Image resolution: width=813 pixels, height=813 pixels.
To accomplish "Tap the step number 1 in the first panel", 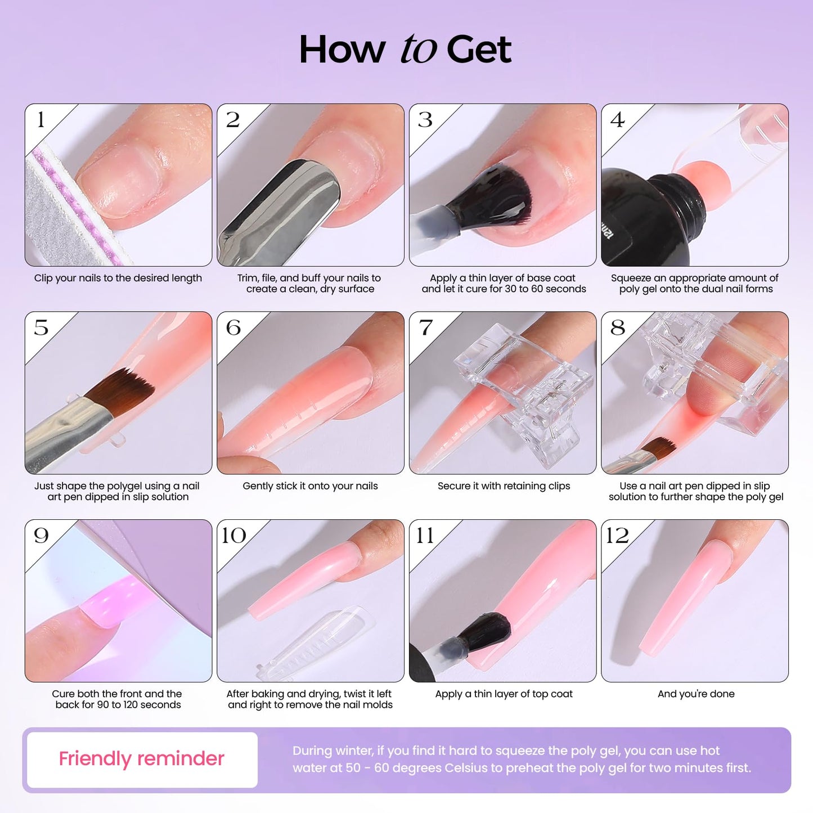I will tap(41, 120).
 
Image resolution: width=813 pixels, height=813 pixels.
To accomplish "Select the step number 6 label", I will tap(233, 327).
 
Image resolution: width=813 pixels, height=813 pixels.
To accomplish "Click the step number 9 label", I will tap(41, 535).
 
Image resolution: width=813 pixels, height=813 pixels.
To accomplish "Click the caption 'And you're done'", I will tap(696, 694).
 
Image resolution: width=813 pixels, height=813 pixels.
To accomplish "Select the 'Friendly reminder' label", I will tap(142, 759).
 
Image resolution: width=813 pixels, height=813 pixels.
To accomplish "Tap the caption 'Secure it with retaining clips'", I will tap(504, 486).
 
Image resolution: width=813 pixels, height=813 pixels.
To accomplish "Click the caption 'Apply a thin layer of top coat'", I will tap(504, 694).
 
